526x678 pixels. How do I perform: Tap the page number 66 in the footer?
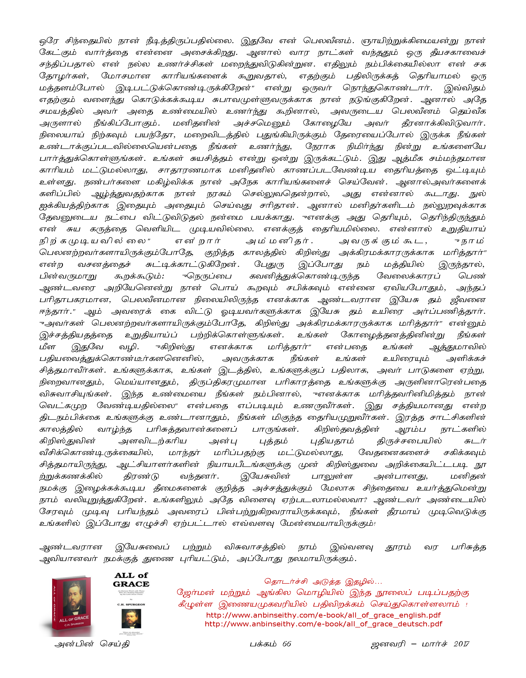tap(287, 644)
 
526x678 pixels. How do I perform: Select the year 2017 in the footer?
tap(462, 644)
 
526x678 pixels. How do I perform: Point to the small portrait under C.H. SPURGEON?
tap(131, 619)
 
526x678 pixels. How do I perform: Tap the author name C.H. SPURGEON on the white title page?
tap(131, 604)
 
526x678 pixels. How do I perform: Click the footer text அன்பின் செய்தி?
tap(92, 644)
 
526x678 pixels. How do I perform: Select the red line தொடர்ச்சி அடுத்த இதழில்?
tap(323, 581)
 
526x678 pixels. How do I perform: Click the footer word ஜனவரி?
tap(388, 644)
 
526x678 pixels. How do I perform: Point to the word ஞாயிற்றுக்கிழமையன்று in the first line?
tap(410, 41)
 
